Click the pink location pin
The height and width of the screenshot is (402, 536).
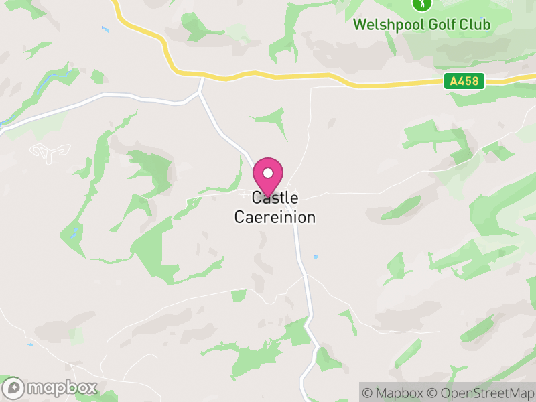pos(268,176)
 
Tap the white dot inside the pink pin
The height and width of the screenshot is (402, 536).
pos(268,173)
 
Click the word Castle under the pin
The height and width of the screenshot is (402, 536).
pos(275,198)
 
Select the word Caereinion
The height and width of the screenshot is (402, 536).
pos(275,218)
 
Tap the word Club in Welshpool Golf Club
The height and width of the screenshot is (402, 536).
pos(475,25)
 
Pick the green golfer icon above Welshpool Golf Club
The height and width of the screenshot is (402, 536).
pos(421,5)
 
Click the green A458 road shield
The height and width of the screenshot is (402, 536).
pos(464,81)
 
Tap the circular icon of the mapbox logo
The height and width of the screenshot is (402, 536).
pos(14,388)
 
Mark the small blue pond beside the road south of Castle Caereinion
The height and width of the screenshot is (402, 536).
pos(315,256)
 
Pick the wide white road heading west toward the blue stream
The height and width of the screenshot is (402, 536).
pos(100,97)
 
